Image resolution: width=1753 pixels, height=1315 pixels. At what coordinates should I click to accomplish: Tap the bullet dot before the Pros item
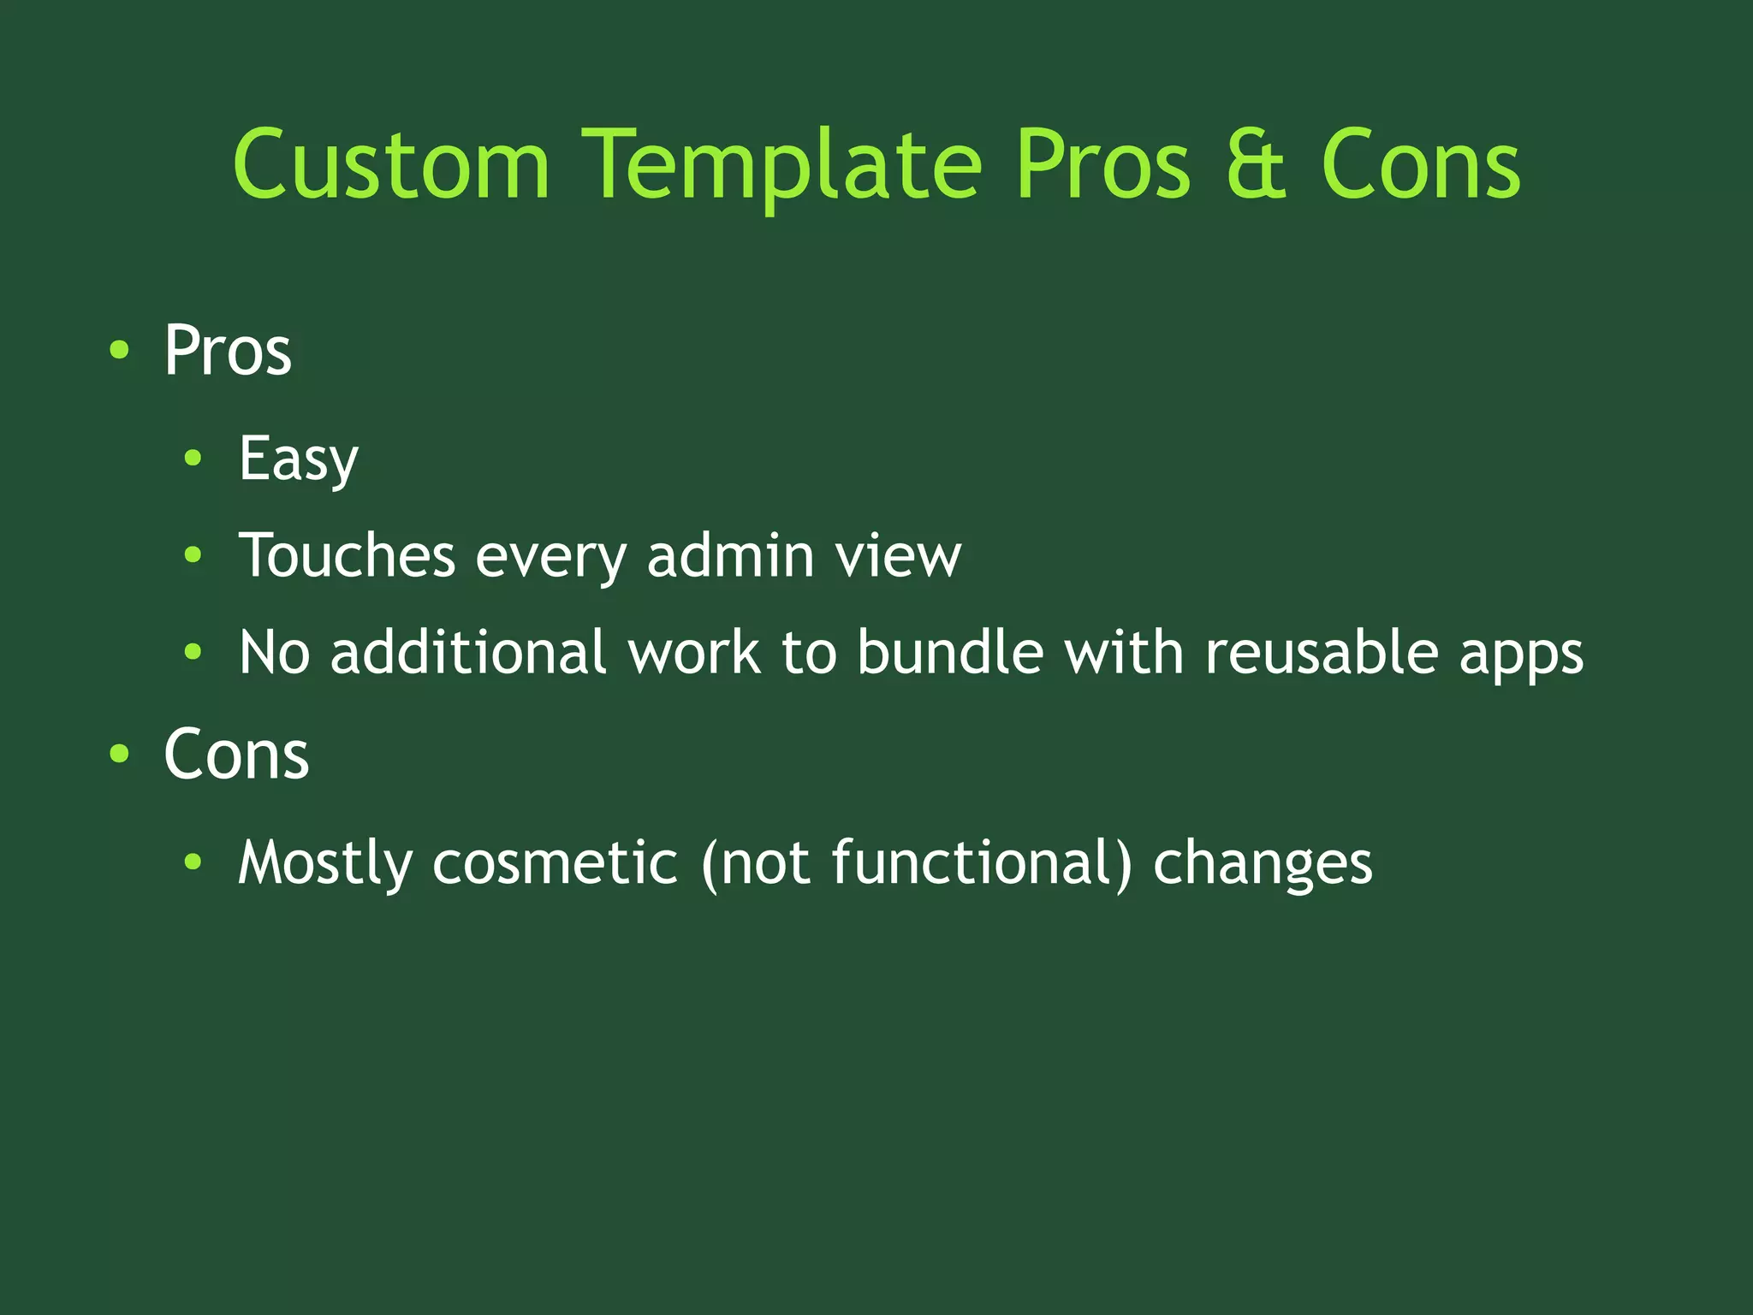pyautogui.click(x=119, y=350)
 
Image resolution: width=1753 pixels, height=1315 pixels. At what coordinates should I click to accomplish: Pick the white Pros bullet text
pyautogui.click(x=228, y=350)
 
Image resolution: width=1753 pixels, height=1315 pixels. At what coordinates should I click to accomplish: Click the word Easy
pyautogui.click(x=298, y=459)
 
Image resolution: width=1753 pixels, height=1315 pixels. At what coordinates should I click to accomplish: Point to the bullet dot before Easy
pyautogui.click(x=193, y=459)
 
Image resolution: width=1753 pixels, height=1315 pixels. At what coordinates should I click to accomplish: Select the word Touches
pyautogui.click(x=347, y=555)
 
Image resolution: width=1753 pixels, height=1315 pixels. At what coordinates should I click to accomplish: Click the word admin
pyautogui.click(x=730, y=555)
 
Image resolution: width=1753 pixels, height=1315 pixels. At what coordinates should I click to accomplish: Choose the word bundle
pyautogui.click(x=950, y=652)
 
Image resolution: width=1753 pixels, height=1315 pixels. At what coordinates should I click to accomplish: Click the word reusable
pyautogui.click(x=1322, y=652)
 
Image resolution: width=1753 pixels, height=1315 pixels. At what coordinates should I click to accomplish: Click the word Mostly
pyautogui.click(x=325, y=862)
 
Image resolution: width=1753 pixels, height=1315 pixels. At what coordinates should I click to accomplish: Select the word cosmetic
pyautogui.click(x=555, y=862)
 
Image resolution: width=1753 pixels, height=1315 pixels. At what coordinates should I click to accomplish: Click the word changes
pyautogui.click(x=1263, y=863)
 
